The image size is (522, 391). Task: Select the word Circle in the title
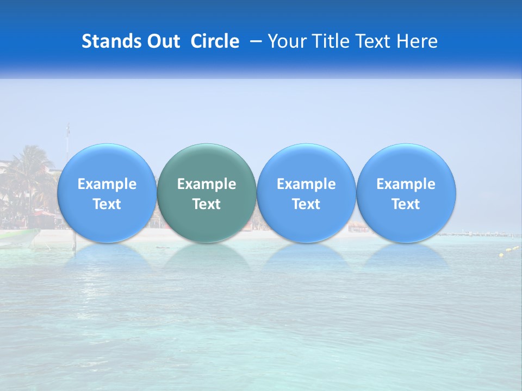(x=215, y=41)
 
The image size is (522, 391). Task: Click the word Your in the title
(x=287, y=41)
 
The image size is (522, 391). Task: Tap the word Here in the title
(x=416, y=41)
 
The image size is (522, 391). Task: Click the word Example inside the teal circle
(x=207, y=184)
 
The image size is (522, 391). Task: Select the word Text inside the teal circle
(x=207, y=204)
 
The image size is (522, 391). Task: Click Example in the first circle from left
(x=107, y=184)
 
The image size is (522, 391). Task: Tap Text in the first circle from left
(x=107, y=204)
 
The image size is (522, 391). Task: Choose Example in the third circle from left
(x=306, y=184)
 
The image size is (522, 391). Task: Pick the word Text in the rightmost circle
(x=406, y=204)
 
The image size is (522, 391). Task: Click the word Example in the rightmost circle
(x=406, y=184)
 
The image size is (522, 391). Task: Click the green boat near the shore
(x=19, y=238)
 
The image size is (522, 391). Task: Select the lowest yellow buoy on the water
(x=501, y=255)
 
